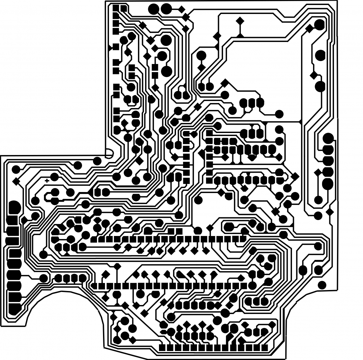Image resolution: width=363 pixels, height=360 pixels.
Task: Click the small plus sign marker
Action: (x=47, y=181)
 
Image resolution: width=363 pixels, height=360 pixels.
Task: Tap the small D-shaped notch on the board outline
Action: (x=109, y=154)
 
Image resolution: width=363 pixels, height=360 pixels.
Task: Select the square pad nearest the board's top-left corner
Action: (x=116, y=8)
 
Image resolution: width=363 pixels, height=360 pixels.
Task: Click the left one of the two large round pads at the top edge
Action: (x=153, y=9)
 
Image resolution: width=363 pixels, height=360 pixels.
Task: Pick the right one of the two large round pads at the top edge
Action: (x=166, y=9)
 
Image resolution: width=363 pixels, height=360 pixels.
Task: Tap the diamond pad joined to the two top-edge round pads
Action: (x=182, y=9)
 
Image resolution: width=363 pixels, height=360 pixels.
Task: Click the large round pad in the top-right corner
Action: (x=319, y=24)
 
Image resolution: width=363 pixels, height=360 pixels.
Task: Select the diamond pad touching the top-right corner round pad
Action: (x=310, y=29)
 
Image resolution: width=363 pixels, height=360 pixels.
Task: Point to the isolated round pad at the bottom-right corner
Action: (x=322, y=285)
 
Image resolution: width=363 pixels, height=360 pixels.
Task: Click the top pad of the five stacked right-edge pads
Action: (x=328, y=138)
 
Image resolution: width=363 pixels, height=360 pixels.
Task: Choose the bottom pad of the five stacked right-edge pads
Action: (x=328, y=183)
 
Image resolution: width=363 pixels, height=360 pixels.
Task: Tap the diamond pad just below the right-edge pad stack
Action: (x=330, y=212)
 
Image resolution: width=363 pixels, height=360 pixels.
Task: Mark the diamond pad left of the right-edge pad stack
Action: (x=318, y=172)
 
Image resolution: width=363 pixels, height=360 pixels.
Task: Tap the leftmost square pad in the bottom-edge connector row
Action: (x=162, y=348)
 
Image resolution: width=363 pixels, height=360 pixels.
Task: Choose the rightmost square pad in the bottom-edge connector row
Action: (x=265, y=348)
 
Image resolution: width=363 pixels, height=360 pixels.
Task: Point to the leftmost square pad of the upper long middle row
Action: (x=94, y=239)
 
